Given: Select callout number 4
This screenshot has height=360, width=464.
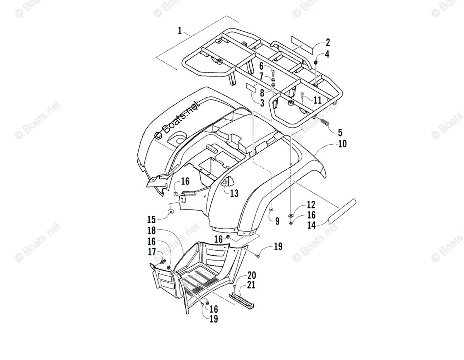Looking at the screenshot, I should point(327,54).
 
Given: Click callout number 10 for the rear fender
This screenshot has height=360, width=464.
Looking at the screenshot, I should point(342,144).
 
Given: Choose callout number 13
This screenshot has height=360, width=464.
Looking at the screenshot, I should point(234,193).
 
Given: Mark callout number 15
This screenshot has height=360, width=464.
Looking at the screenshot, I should point(151,220).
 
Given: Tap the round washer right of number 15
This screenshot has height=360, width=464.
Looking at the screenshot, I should point(171,212).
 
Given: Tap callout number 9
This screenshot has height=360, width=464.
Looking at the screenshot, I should point(277,221).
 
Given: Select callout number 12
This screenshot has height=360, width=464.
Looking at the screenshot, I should point(311,205).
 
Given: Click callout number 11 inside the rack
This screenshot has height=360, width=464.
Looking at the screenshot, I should point(317,100).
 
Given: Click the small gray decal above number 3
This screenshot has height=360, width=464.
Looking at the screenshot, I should point(252,87).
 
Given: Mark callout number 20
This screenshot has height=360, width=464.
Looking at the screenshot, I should point(251,275).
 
